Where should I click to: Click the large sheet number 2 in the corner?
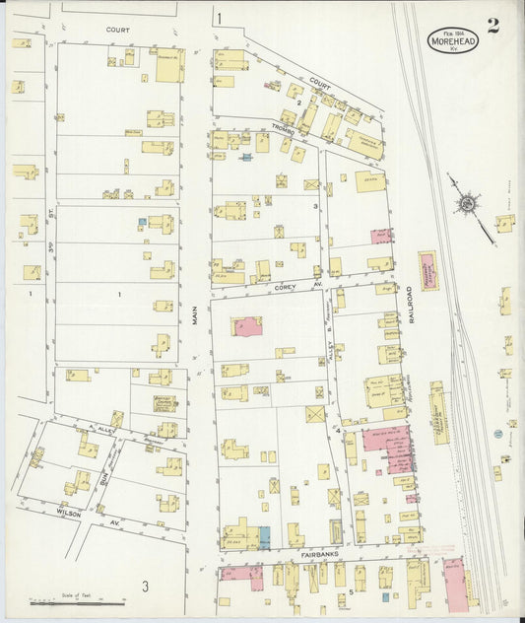click(x=492, y=26)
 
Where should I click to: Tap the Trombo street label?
click(x=285, y=125)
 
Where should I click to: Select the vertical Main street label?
click(x=195, y=312)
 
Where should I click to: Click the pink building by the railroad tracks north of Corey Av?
click(x=428, y=269)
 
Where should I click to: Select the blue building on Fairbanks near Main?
click(x=263, y=537)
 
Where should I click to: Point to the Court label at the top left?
click(x=117, y=31)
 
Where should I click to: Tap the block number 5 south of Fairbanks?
click(x=350, y=591)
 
